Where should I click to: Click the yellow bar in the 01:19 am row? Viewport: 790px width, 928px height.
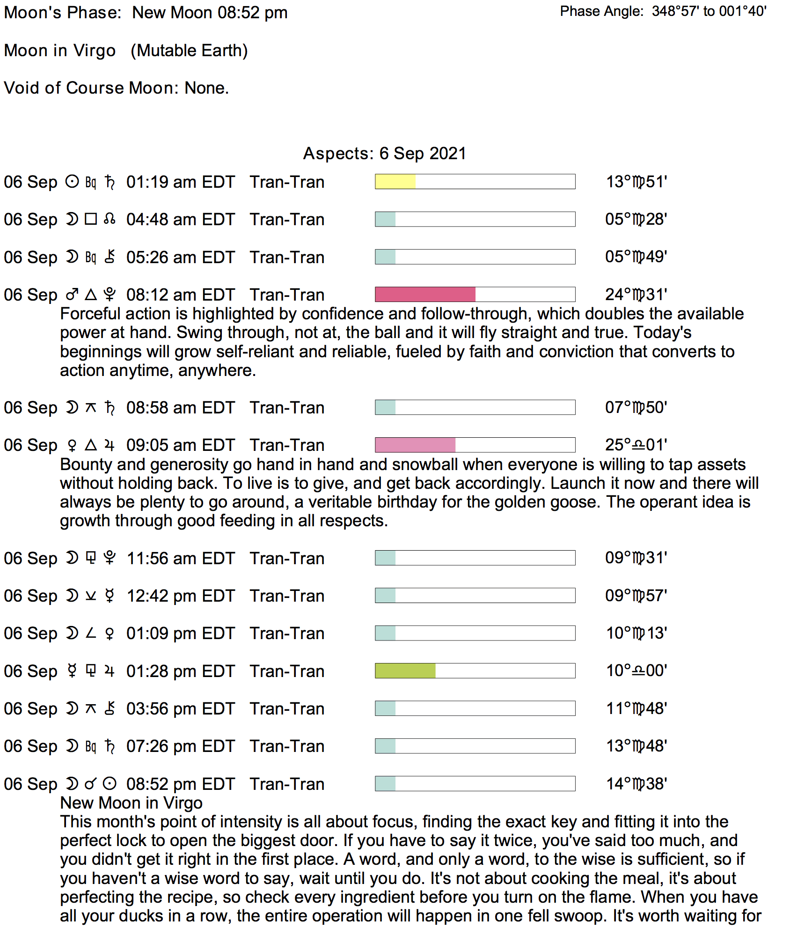click(395, 182)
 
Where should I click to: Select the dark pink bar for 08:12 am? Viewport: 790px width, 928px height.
click(425, 295)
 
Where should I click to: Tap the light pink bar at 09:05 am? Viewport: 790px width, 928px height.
click(415, 445)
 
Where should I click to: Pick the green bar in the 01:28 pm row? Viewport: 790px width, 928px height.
click(405, 670)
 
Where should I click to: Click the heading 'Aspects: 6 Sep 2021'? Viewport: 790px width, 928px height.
click(384, 154)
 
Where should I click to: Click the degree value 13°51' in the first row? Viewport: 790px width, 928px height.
click(636, 182)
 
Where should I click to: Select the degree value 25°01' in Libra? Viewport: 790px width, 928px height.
click(636, 445)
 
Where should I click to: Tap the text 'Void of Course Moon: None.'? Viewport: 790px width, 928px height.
click(117, 88)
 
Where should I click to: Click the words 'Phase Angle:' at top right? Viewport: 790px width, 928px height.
click(601, 11)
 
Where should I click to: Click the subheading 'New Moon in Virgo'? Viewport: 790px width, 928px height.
click(131, 803)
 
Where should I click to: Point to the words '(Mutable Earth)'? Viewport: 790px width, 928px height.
click(189, 51)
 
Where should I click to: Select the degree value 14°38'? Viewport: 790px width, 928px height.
click(636, 784)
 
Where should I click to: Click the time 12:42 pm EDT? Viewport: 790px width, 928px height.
click(180, 596)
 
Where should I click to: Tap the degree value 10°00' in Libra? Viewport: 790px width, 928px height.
click(636, 670)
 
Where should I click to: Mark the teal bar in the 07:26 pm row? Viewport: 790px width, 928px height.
click(386, 746)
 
